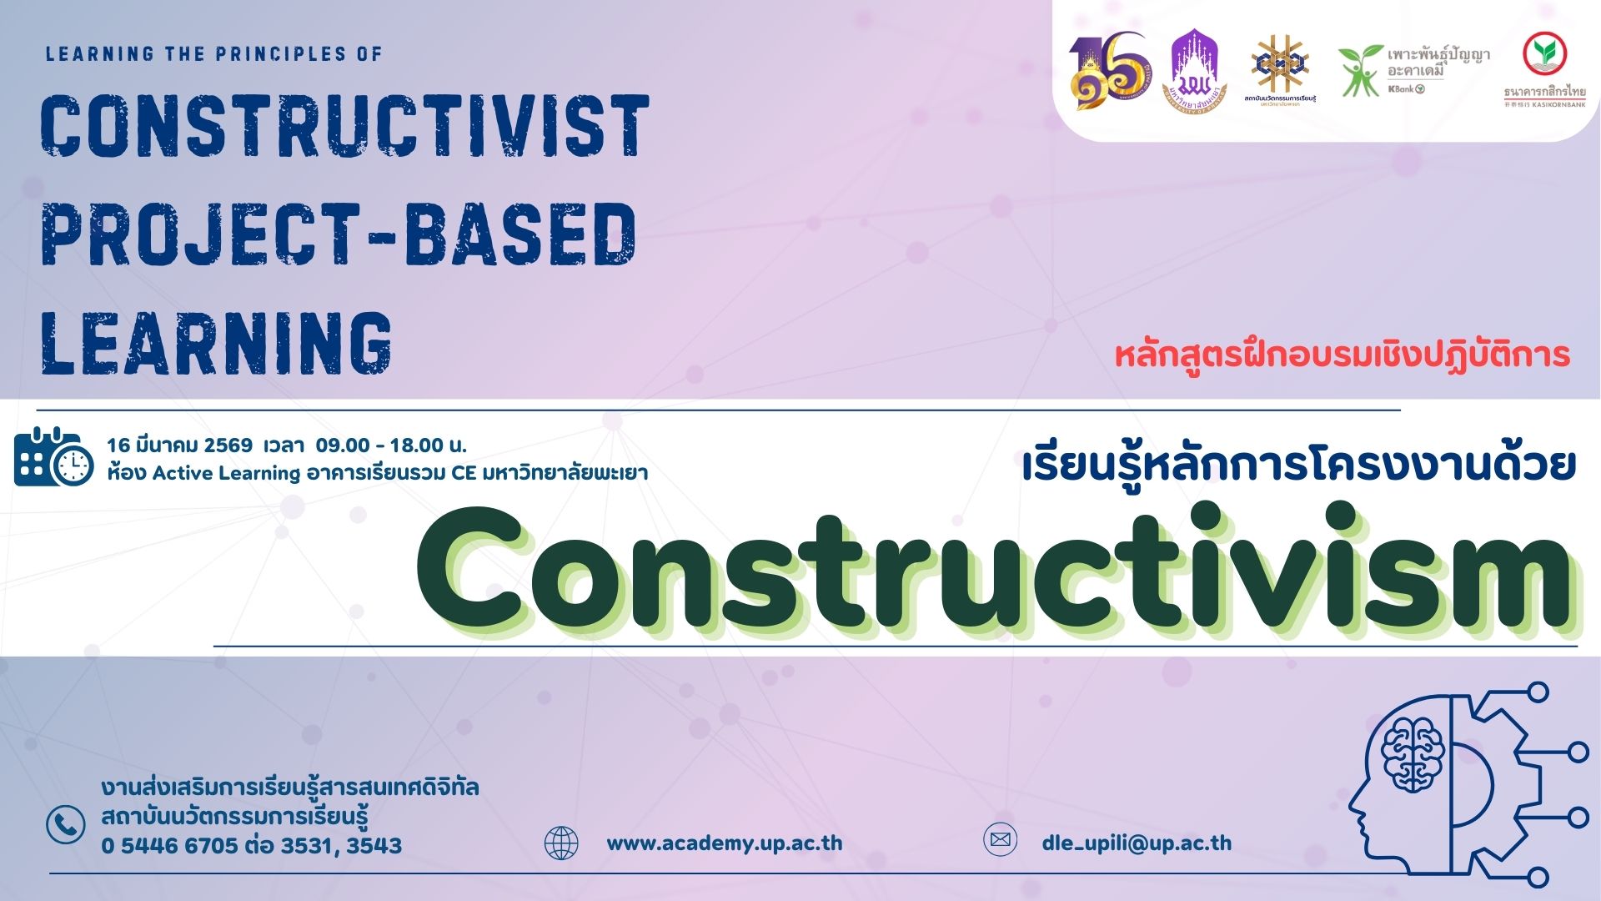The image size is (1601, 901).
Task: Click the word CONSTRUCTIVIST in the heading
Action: click(344, 127)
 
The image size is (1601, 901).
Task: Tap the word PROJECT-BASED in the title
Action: click(339, 234)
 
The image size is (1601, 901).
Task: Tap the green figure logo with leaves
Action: click(1359, 71)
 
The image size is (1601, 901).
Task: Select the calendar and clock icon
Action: click(53, 456)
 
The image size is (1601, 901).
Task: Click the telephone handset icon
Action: click(66, 824)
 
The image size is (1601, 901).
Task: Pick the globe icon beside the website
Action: click(561, 843)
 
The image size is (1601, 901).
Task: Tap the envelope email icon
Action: click(1000, 839)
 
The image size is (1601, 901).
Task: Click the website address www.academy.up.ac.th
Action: click(724, 843)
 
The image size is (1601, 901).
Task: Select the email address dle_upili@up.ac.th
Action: click(1137, 843)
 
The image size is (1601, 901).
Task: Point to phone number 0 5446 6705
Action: click(170, 846)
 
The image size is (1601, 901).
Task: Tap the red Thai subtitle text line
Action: click(1342, 355)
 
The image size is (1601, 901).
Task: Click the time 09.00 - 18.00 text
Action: click(390, 445)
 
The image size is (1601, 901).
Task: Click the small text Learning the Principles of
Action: click(213, 54)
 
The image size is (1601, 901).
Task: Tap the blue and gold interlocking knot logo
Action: click(1280, 65)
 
